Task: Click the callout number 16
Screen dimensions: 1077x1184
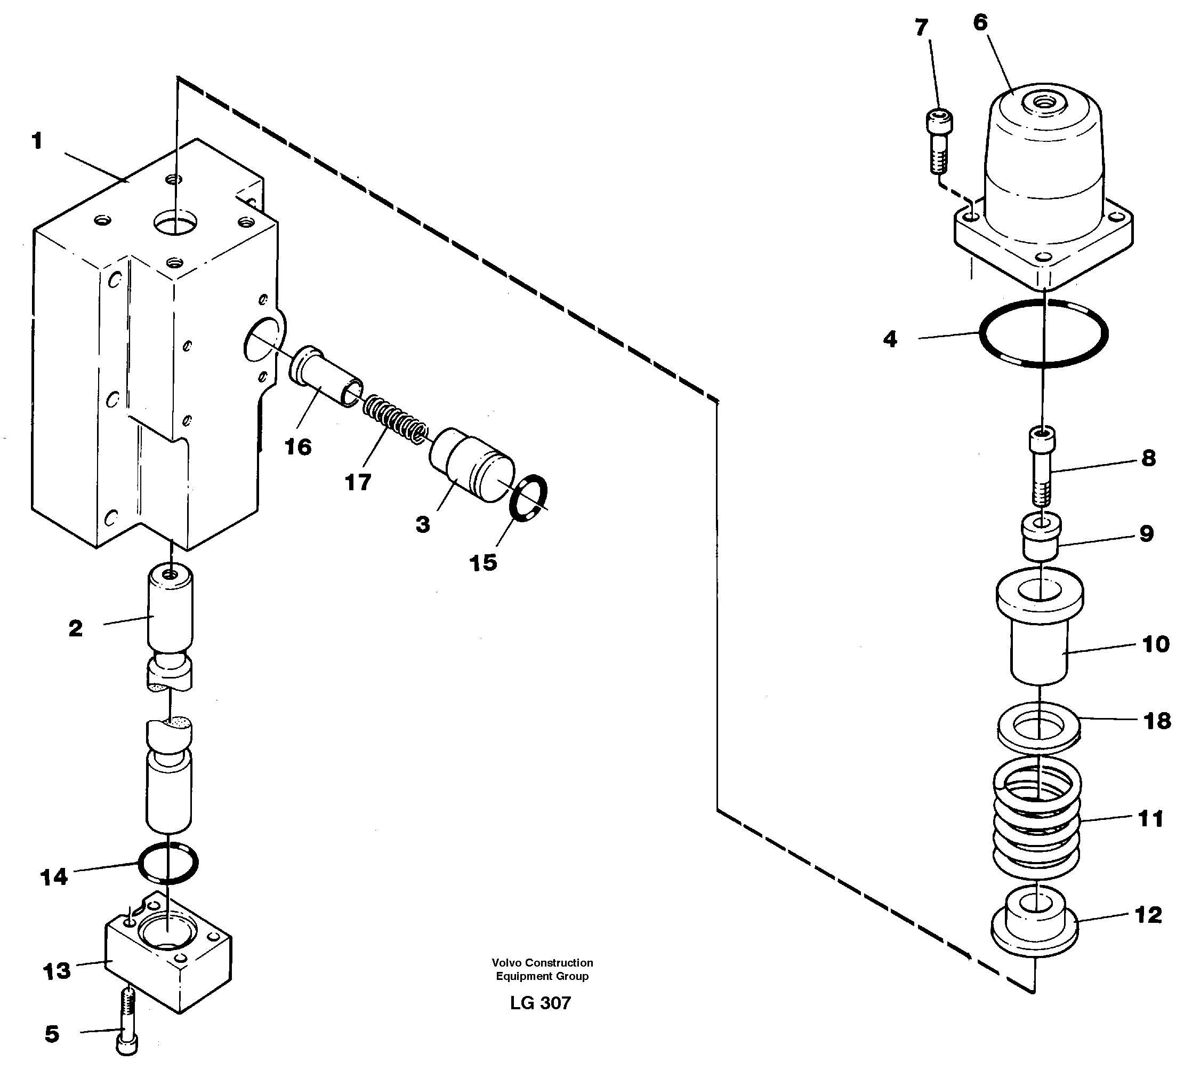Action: coord(298,447)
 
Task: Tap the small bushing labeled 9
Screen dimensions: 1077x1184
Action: coord(1041,535)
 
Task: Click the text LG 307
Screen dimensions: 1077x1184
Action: coord(541,1003)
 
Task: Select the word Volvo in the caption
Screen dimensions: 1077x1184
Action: coord(507,963)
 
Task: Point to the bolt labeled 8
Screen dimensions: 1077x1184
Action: coord(1041,467)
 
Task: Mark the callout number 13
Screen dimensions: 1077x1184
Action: coord(57,971)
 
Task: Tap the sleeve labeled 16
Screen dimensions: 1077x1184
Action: coord(324,376)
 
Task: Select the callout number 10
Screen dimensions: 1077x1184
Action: coord(1155,644)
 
